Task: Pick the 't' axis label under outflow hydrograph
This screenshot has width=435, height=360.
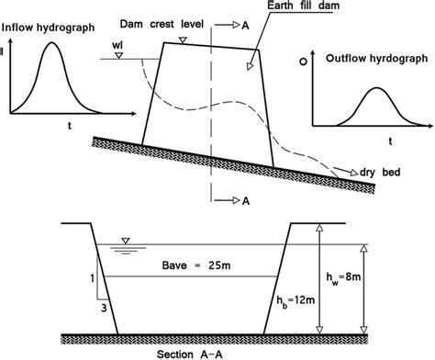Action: [x=389, y=141]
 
